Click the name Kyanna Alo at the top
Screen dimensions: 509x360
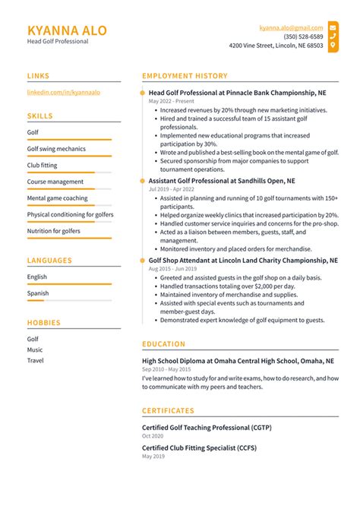point(67,30)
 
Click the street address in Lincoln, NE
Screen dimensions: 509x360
point(276,46)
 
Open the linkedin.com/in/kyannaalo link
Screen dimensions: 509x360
point(64,92)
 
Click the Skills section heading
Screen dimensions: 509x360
point(40,116)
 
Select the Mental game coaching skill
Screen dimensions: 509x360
point(57,198)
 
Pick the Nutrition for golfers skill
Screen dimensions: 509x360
point(53,231)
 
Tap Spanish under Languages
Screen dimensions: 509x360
point(38,293)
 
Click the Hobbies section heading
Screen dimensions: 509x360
point(43,323)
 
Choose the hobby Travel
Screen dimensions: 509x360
point(36,360)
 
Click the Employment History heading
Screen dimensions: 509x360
point(185,76)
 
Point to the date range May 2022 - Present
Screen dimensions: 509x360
point(172,101)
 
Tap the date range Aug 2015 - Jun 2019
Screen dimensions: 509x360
point(172,269)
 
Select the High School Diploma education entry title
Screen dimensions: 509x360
point(238,361)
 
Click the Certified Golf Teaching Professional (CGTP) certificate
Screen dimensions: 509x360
point(207,428)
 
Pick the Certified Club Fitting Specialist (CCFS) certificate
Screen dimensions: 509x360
point(199,448)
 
